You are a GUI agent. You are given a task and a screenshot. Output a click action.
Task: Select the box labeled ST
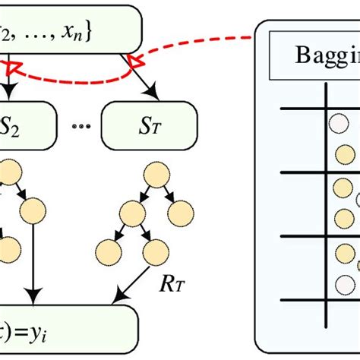[149, 120]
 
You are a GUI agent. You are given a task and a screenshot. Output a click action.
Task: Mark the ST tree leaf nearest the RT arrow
[156, 248]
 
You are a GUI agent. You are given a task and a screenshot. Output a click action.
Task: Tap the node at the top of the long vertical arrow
[33, 208]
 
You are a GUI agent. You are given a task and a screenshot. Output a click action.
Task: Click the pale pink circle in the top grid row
[334, 122]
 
